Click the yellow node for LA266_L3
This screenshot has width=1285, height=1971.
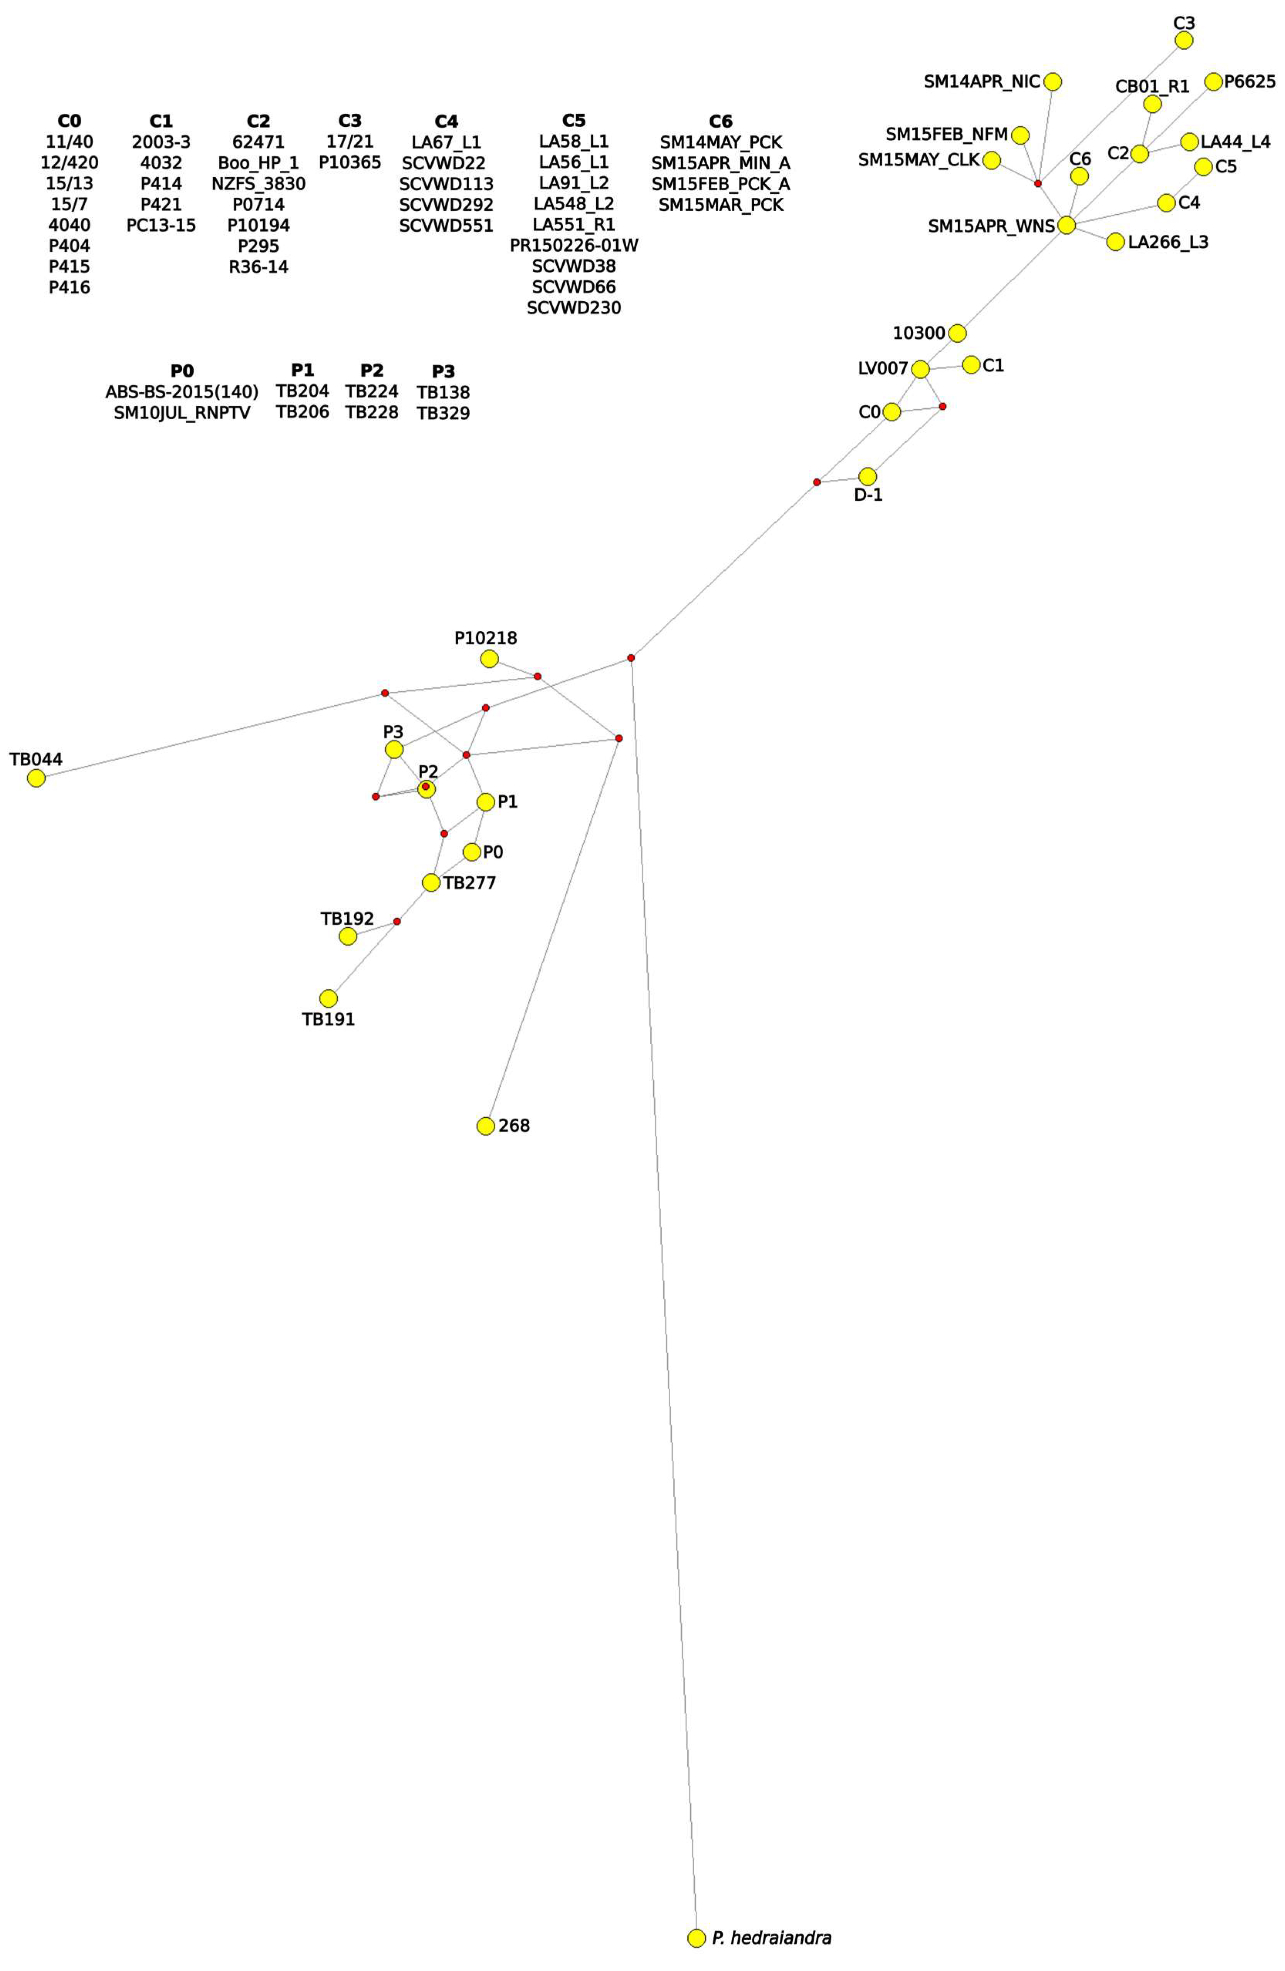pos(1115,242)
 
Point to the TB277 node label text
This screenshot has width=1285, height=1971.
pos(469,883)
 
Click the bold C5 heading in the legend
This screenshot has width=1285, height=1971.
pos(574,121)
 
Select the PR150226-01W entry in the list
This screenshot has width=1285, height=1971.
pos(574,245)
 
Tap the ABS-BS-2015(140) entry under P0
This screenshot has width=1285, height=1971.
pos(182,392)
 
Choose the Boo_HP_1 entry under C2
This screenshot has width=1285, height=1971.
pos(258,163)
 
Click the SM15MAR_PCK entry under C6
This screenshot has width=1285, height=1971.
pos(720,205)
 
